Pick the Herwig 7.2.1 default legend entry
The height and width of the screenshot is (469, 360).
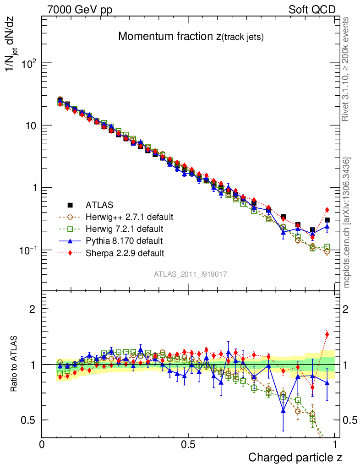pyautogui.click(x=124, y=229)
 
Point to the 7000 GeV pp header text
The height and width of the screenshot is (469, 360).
pyautogui.click(x=80, y=10)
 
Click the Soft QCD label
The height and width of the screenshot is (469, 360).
pyautogui.click(x=312, y=10)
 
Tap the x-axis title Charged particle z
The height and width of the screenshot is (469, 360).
pyautogui.click(x=295, y=457)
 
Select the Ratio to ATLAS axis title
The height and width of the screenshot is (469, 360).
pyautogui.click(x=15, y=364)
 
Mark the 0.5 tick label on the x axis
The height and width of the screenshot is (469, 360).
pyautogui.click(x=188, y=444)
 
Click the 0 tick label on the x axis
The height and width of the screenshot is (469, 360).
pyautogui.click(x=42, y=444)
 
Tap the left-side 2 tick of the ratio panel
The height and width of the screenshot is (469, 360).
pyautogui.click(x=32, y=309)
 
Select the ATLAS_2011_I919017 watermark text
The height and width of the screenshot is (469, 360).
pyautogui.click(x=191, y=274)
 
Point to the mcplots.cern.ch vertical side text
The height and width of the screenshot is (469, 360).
pyautogui.click(x=347, y=223)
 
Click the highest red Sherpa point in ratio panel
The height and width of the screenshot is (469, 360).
pyautogui.click(x=327, y=334)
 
